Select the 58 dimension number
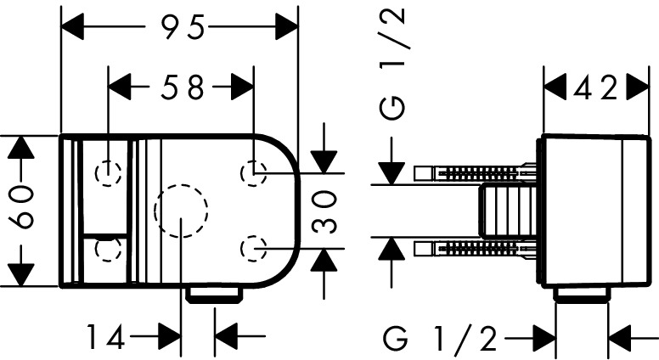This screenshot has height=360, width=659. [183, 87]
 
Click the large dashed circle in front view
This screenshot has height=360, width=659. [181, 211]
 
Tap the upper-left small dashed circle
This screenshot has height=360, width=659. [108, 173]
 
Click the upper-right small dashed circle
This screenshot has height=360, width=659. [253, 173]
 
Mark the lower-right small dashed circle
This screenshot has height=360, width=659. [253, 248]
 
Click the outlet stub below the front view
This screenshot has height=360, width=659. [216, 295]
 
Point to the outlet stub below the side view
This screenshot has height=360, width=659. [583, 295]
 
